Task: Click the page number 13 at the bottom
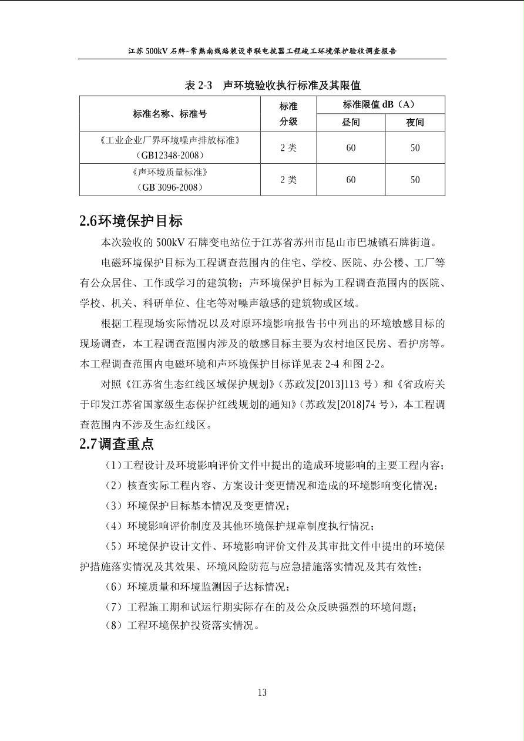point(262,692)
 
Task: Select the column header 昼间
point(351,122)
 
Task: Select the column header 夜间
point(415,122)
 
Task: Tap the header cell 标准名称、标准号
point(170,113)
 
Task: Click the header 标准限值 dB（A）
point(379,105)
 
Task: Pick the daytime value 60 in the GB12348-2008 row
point(351,147)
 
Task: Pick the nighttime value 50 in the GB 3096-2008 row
point(415,179)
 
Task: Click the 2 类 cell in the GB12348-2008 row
point(288,147)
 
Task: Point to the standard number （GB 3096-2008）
point(170,187)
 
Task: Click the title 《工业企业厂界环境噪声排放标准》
point(170,140)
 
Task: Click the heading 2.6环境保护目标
point(131,221)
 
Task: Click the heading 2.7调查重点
point(117,444)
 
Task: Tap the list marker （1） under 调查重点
point(112,466)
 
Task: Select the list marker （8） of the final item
point(112,625)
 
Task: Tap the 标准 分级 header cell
point(288,113)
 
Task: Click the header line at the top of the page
point(262,51)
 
